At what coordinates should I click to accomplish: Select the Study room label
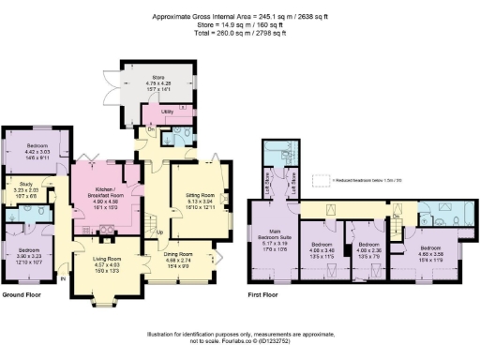(x=20, y=188)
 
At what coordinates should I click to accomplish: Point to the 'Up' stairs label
(x=159, y=232)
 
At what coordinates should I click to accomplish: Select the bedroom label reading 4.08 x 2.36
(x=370, y=245)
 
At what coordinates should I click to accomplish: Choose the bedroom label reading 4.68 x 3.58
(x=430, y=245)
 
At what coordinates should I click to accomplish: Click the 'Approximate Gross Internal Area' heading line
(x=239, y=9)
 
